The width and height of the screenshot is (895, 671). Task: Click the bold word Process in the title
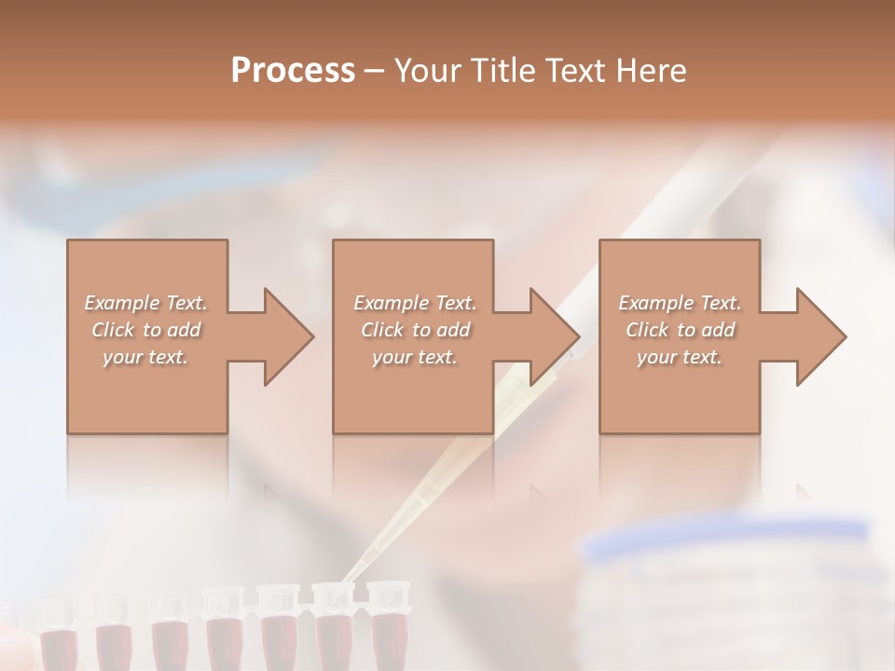293,71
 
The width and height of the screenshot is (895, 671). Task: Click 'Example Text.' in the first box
146,303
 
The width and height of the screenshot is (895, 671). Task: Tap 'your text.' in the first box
146,357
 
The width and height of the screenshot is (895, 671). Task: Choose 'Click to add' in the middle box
415,330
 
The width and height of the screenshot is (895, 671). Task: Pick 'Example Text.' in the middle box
415,303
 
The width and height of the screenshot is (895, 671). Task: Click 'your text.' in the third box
680,357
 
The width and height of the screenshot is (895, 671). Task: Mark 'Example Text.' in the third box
680,303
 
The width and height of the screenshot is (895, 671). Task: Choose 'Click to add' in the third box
680,330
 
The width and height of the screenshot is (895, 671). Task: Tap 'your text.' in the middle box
415,357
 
